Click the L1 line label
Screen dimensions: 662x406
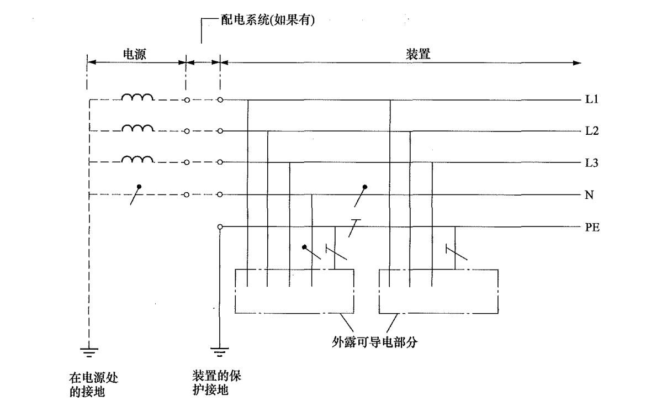tap(591, 99)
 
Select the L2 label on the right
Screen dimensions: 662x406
tap(591, 131)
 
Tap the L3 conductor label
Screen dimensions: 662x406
tap(591, 162)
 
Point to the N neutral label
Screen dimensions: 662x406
tap(589, 195)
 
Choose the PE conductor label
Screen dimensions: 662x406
tap(592, 227)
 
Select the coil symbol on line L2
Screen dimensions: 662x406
tap(137, 128)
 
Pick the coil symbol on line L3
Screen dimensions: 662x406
tap(137, 159)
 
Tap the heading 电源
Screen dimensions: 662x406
tap(134, 54)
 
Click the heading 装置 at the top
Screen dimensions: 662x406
tap(418, 54)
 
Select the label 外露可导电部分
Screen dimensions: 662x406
tap(375, 342)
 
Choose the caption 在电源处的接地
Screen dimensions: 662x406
tap(93, 384)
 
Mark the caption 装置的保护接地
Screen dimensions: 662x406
tap(216, 383)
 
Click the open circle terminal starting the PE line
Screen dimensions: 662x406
tap(220, 227)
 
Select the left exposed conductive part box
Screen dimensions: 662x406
tap(294, 292)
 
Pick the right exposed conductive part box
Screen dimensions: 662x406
tap(438, 292)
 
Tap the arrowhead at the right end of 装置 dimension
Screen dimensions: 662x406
tap(577, 63)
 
